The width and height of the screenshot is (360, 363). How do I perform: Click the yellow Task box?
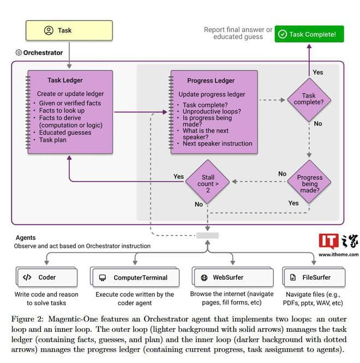[69, 31]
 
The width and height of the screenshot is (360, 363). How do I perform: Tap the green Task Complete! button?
[309, 34]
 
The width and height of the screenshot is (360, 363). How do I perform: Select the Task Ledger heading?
[65, 80]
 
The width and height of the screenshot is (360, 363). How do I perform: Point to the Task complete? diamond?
[309, 99]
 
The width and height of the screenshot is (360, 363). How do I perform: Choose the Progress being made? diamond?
[309, 184]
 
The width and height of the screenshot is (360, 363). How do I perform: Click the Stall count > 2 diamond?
[208, 181]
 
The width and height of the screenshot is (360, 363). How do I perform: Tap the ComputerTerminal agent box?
[135, 277]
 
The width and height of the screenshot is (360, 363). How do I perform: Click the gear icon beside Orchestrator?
[19, 53]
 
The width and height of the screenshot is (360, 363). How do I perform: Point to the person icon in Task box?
[49, 31]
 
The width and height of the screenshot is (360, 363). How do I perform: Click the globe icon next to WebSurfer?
[204, 277]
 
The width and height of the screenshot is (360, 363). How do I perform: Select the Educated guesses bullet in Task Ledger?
[65, 132]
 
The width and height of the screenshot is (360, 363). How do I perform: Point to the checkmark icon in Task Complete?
[282, 34]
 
